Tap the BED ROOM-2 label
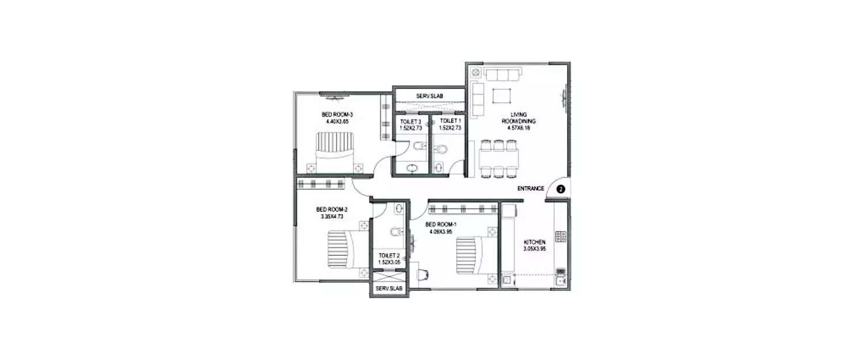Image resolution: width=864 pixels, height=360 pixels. click(x=331, y=209)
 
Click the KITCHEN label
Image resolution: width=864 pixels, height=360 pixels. click(x=535, y=242)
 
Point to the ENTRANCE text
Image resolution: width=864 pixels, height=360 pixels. click(x=530, y=188)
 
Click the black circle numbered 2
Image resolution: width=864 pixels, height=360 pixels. click(x=561, y=188)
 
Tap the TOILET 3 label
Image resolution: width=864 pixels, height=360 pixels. click(x=411, y=122)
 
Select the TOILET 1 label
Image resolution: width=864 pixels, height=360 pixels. click(x=450, y=121)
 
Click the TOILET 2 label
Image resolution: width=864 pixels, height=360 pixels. click(x=389, y=255)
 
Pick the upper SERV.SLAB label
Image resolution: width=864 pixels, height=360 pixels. click(x=429, y=96)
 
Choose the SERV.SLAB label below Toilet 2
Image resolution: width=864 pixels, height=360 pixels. click(x=389, y=289)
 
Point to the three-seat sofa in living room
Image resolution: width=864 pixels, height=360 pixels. click(x=503, y=75)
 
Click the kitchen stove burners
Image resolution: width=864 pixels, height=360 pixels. click(x=560, y=236)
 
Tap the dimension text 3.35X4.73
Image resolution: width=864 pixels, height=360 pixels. click(x=331, y=217)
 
